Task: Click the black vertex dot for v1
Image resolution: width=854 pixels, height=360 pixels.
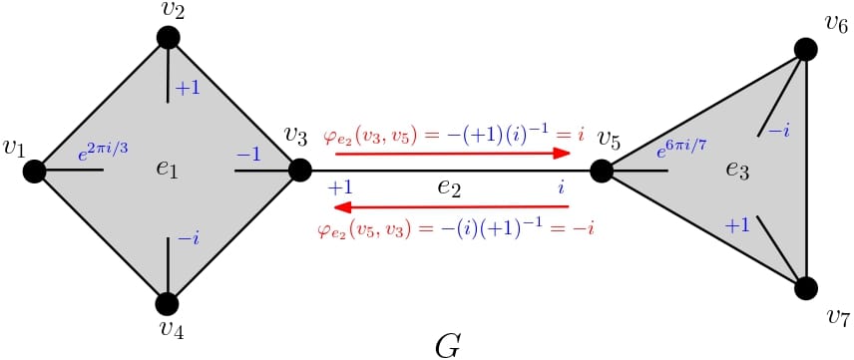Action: point(35,171)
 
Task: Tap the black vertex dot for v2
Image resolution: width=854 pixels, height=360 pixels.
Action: point(168,38)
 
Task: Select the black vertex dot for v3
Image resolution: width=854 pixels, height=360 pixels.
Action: point(300,171)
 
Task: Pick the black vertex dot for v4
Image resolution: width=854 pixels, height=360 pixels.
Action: point(168,303)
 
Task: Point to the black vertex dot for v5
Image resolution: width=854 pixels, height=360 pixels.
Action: point(601,171)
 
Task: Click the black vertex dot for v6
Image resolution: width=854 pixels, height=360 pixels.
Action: point(806,49)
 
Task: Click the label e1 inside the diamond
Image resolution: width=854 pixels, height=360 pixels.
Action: point(167,170)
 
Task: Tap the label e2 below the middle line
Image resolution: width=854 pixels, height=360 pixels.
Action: point(449,187)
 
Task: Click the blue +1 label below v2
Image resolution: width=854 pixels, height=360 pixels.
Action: point(189,89)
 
